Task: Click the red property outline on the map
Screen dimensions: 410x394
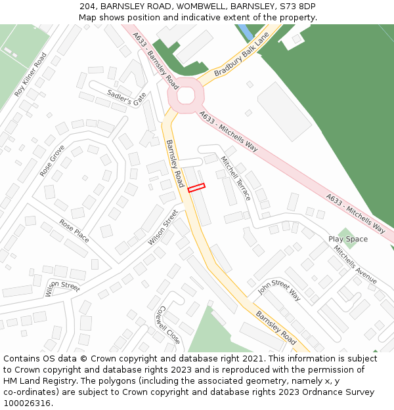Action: tap(196, 188)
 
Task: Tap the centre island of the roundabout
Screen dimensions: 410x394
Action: tap(185, 95)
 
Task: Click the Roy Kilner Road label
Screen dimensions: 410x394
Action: tap(31, 75)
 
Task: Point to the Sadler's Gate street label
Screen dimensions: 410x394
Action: tap(127, 99)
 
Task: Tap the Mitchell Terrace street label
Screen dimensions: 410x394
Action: tap(236, 178)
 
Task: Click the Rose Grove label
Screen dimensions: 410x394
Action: tap(52, 161)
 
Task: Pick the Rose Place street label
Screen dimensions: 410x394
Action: tap(74, 230)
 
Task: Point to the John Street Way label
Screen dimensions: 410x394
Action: tap(279, 289)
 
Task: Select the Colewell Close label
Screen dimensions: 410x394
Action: tap(169, 325)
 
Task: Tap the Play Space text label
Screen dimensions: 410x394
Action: tap(348, 239)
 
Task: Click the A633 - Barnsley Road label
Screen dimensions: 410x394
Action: tap(155, 61)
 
